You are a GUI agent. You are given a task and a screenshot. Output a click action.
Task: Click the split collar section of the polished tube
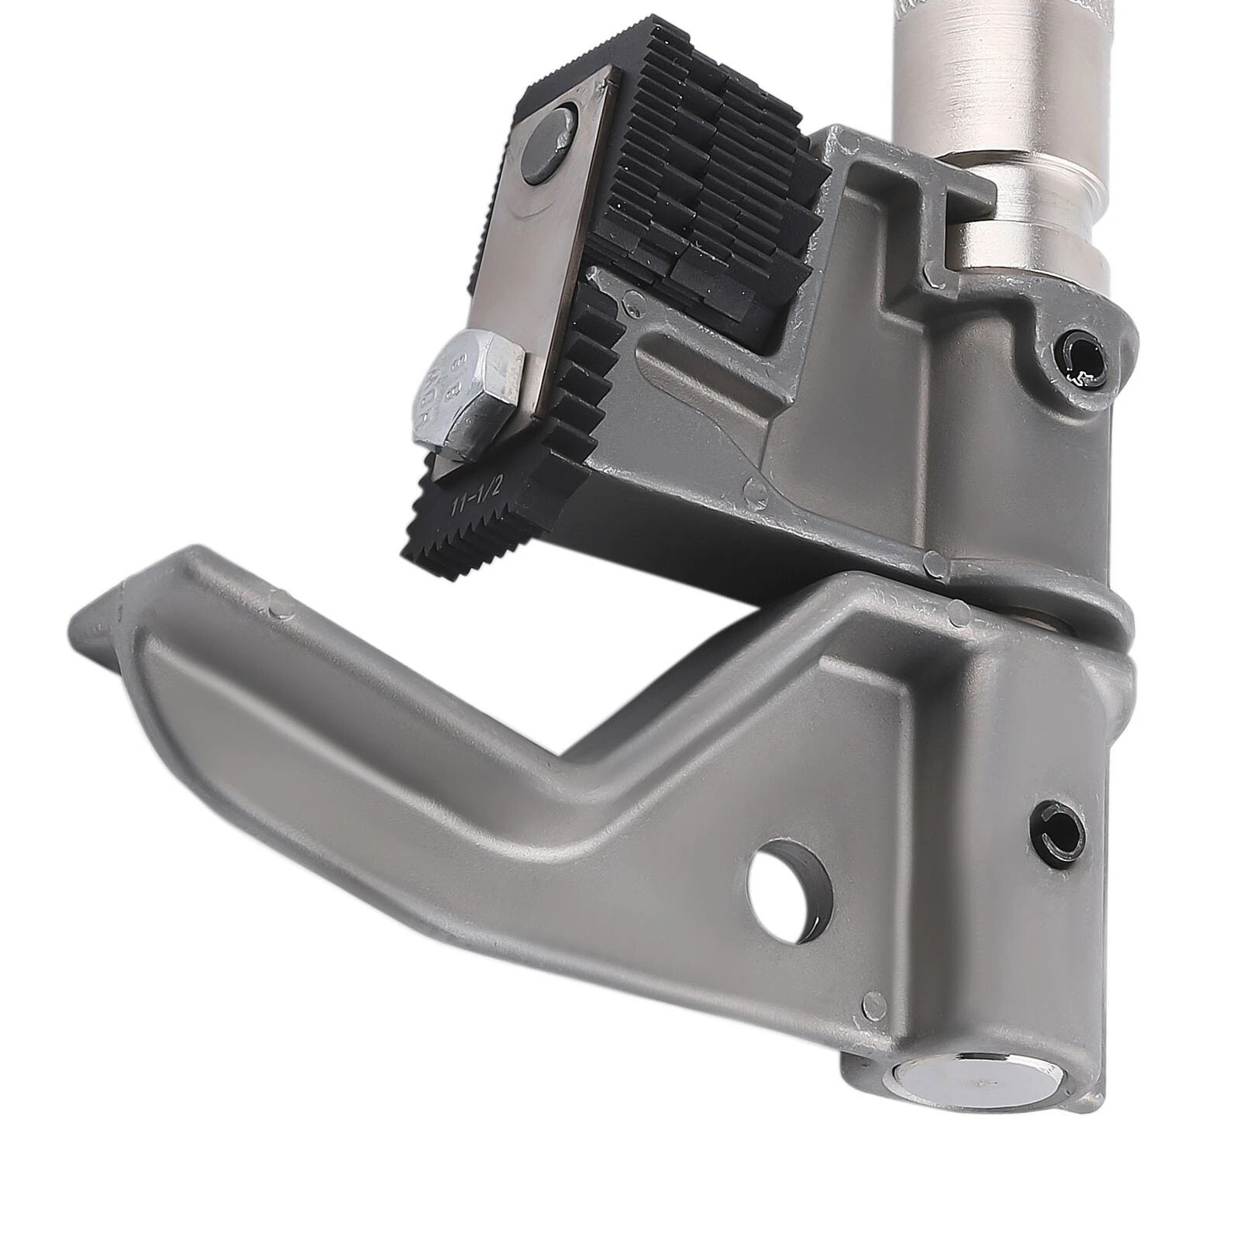tap(1031, 232)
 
